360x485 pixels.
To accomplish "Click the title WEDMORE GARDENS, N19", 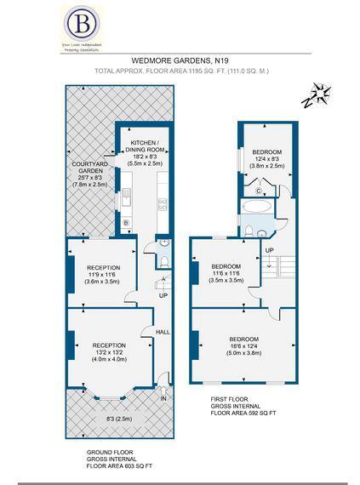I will [x=179, y=60].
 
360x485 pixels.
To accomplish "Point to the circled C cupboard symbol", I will [x=257, y=190].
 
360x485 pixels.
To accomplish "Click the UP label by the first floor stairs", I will [x=270, y=249].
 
